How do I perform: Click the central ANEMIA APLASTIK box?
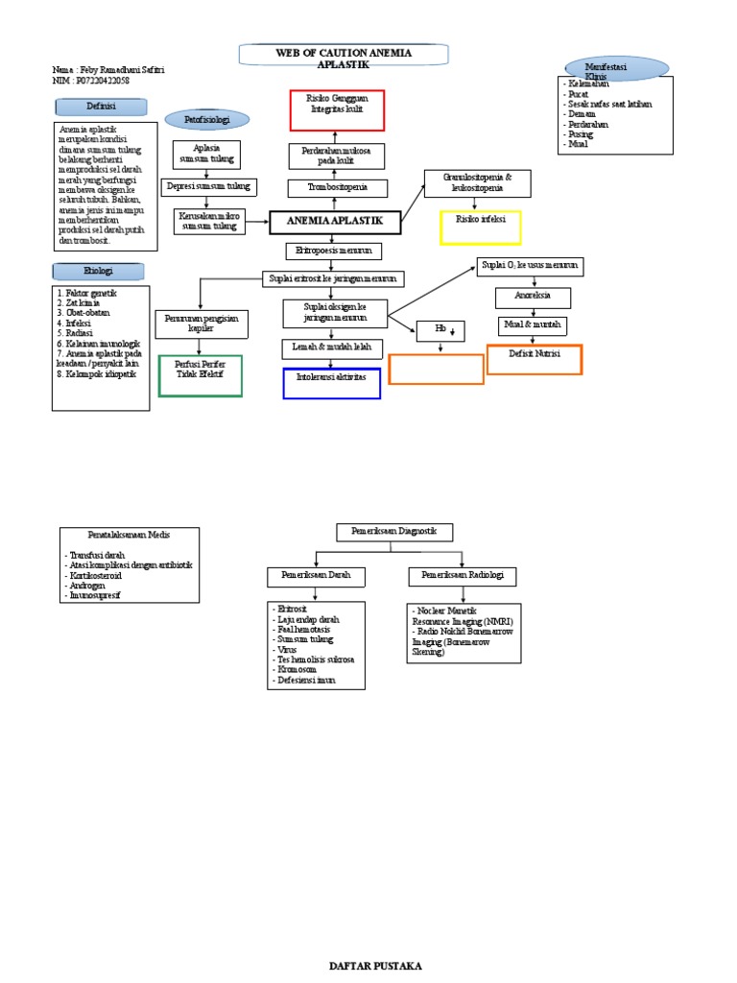335,222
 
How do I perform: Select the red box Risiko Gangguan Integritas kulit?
336,109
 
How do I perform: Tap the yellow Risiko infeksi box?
480,228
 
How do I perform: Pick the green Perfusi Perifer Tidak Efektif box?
199,375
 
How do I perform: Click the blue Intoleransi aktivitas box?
332,382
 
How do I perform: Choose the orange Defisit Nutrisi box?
535,359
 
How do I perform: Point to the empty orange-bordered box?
436,369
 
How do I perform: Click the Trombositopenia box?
335,187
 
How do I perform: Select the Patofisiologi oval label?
208,119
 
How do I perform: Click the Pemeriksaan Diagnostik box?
394,532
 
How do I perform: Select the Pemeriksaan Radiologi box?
463,576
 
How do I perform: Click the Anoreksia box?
533,297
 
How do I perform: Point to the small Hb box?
440,331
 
